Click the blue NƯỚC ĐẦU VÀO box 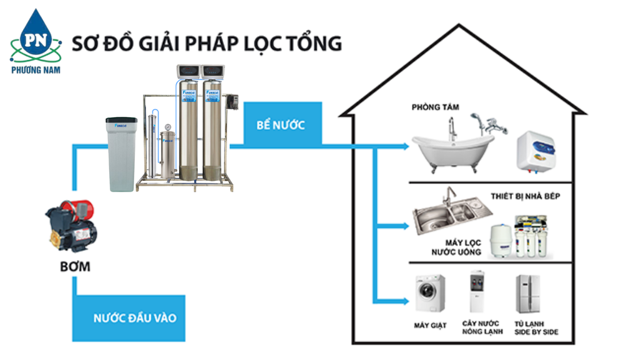tap(135, 318)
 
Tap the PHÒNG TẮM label tap(435, 107)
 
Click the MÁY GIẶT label tap(431, 326)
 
